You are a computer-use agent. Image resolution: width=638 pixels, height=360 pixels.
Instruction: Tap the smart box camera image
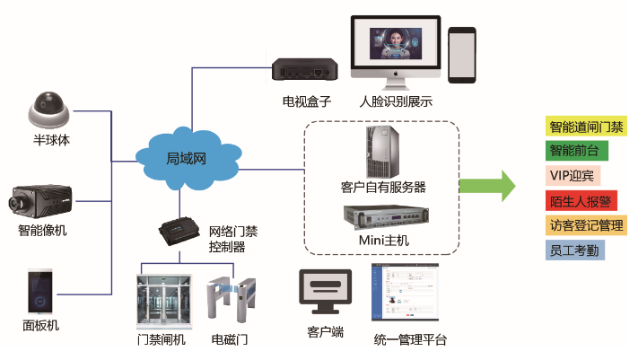(x=41, y=198)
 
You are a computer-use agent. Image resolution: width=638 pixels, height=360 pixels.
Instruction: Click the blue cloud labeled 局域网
(x=187, y=158)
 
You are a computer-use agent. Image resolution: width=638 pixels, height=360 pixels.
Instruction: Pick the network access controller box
(x=183, y=230)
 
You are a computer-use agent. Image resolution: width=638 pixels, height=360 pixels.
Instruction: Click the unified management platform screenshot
(x=406, y=293)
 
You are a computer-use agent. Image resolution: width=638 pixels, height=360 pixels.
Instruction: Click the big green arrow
(x=487, y=186)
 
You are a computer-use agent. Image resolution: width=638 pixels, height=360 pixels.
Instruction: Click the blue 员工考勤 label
(x=575, y=250)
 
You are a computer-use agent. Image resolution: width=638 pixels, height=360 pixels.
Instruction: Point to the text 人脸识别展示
(x=395, y=101)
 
